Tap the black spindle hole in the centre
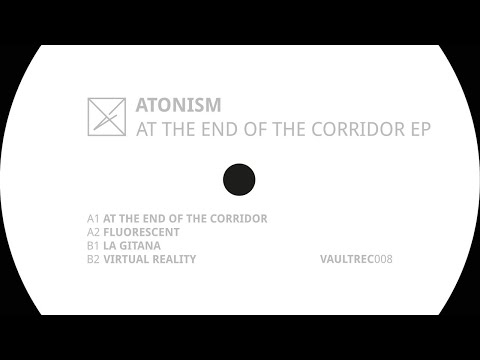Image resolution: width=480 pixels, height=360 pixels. (238, 180)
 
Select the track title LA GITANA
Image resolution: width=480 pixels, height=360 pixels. (135, 245)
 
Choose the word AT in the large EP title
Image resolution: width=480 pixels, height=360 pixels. (145, 128)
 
